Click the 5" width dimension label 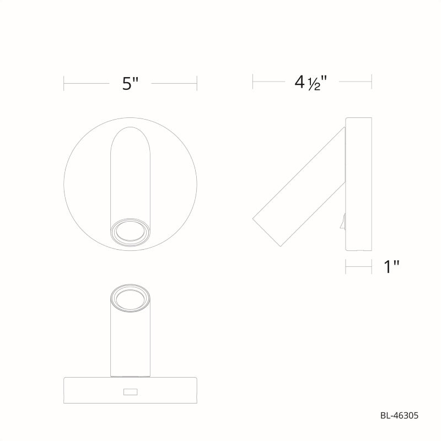click(x=130, y=84)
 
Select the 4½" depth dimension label click(x=311, y=82)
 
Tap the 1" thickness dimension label click(x=391, y=267)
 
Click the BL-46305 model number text click(x=399, y=416)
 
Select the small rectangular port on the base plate click(x=130, y=391)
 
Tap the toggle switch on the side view click(x=343, y=222)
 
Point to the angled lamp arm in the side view click(x=299, y=187)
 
